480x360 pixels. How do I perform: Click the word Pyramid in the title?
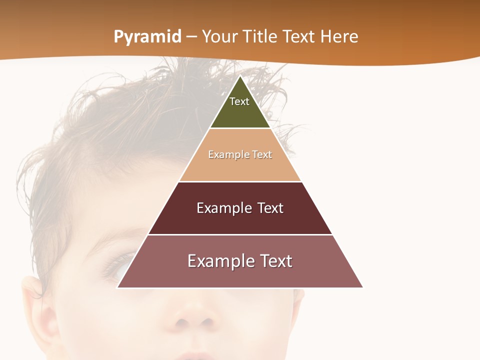click(x=147, y=37)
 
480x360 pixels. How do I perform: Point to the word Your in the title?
click(x=219, y=37)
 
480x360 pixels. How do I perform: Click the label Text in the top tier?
click(x=239, y=101)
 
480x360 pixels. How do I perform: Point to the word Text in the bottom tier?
click(x=274, y=261)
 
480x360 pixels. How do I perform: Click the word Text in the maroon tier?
click(x=270, y=208)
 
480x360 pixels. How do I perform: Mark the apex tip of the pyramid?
click(x=240, y=76)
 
